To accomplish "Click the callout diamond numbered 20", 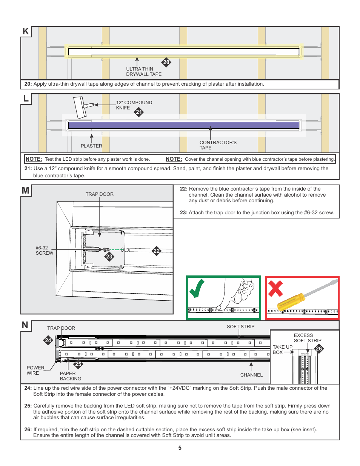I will [x=166, y=62].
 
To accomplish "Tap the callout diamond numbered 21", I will [x=139, y=112].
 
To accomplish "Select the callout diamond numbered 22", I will [x=157, y=251].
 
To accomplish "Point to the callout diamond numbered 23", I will [x=109, y=257].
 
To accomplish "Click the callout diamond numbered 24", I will [x=48, y=340].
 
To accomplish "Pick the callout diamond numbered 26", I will [x=319, y=348].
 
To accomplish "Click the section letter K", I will [x=26, y=31].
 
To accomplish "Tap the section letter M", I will [x=26, y=190].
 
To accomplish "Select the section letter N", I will [x=25, y=325].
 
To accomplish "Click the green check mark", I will [x=197, y=288].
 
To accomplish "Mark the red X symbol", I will [x=275, y=289].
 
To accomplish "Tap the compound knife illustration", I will [x=82, y=107].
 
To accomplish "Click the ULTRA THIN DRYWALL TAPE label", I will [x=144, y=72].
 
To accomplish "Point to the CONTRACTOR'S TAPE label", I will [x=218, y=145].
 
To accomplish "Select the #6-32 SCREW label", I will [x=44, y=251].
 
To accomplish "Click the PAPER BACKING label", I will [x=70, y=376].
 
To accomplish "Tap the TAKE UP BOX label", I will [x=282, y=349].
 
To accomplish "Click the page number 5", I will [x=180, y=448].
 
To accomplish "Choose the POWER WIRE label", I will [x=35, y=370].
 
